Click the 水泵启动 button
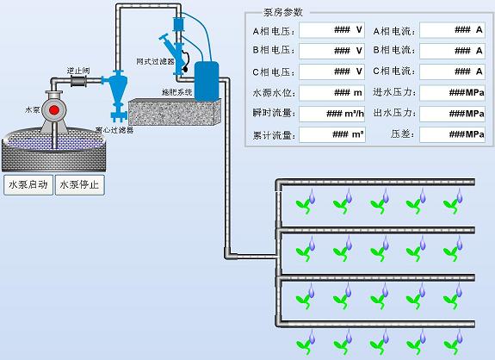coord(28,184)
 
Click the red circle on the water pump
coord(54,109)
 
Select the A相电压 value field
coord(331,30)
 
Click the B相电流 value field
coord(452,51)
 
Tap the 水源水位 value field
coord(331,93)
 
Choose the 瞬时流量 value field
coord(331,114)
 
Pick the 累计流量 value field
coord(331,134)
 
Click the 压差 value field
coord(452,134)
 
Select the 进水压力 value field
coord(452,93)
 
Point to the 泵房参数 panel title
coord(283,12)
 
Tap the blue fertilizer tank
coord(207,81)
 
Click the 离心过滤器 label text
coord(114,130)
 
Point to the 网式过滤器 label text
coord(155,61)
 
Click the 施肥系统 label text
coord(176,92)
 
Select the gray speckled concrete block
coord(175,112)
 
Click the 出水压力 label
coord(394,113)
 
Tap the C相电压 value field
coord(331,72)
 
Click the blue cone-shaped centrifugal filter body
coord(118,89)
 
